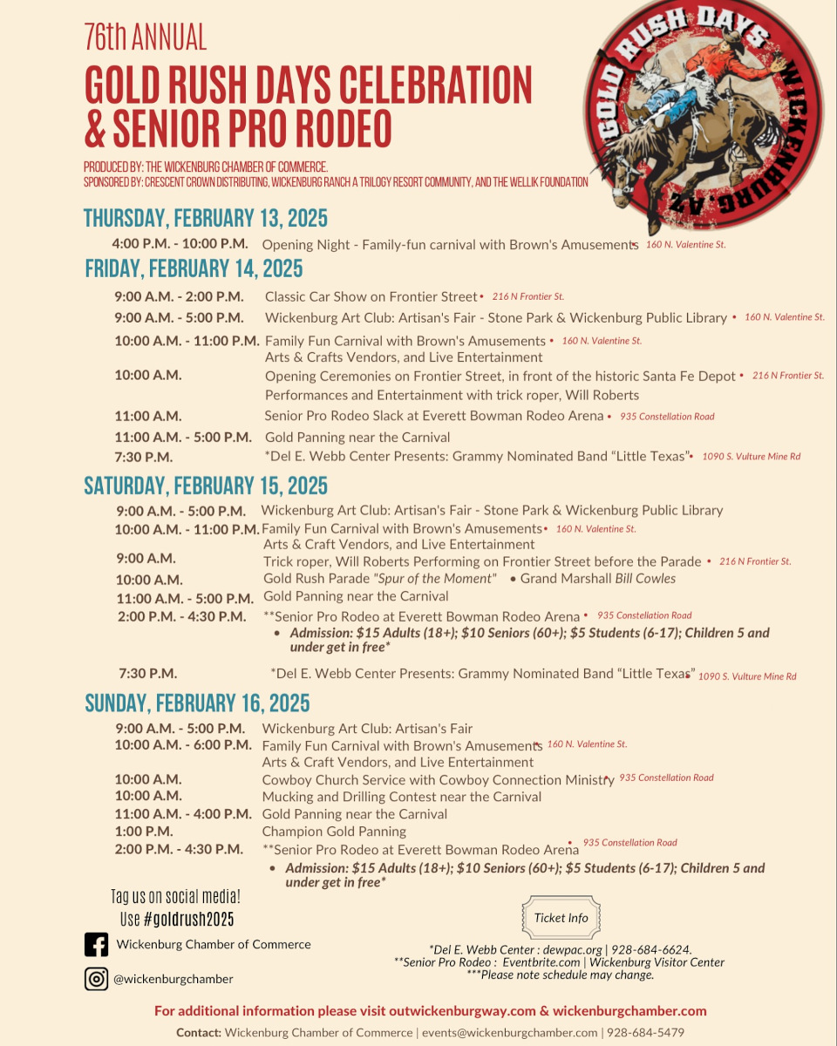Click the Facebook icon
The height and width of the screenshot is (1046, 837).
96,945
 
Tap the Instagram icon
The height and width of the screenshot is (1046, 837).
96,979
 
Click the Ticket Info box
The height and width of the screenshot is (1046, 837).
561,918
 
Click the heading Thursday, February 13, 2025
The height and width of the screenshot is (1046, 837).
206,218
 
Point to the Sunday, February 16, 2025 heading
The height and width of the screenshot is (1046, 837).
197,703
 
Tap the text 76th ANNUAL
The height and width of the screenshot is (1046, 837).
146,38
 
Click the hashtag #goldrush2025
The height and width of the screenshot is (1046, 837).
188,919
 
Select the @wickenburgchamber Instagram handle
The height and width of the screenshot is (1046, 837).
174,979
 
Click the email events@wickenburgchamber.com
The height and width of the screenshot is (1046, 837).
508,1032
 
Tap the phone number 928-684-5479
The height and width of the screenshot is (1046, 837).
646,1032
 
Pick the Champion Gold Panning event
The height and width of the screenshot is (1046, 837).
334,832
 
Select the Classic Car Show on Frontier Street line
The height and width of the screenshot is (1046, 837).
371,297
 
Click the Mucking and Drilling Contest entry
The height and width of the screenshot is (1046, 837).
401,797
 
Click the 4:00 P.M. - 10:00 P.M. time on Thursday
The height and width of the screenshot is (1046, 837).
180,244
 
